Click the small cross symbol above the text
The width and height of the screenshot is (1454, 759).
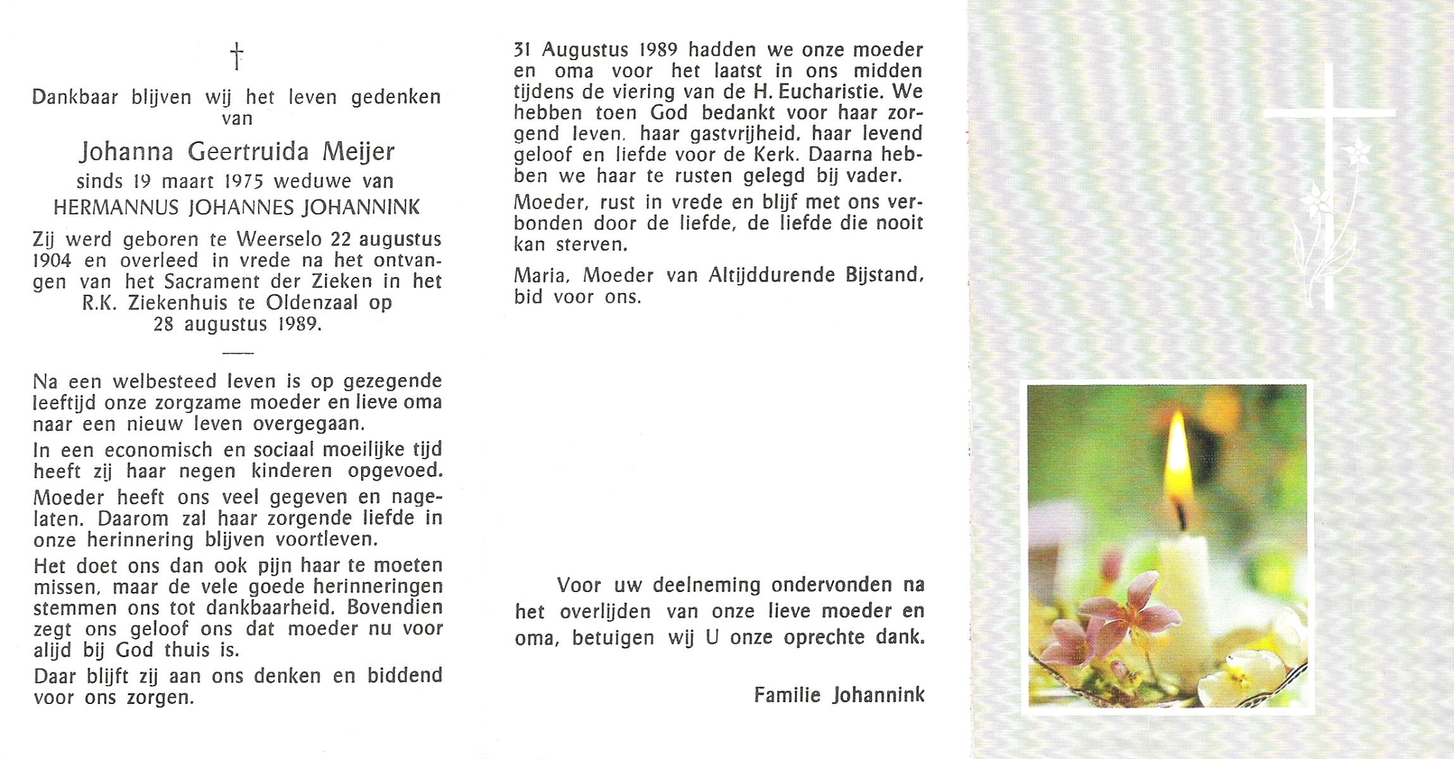(x=237, y=56)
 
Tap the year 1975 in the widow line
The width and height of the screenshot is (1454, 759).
(x=243, y=182)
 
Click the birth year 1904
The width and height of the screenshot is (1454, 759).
(x=52, y=261)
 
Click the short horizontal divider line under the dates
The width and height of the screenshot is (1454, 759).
(x=238, y=352)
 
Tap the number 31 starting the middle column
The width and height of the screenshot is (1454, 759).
(x=522, y=49)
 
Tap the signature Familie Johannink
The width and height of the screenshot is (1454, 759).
(x=839, y=695)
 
